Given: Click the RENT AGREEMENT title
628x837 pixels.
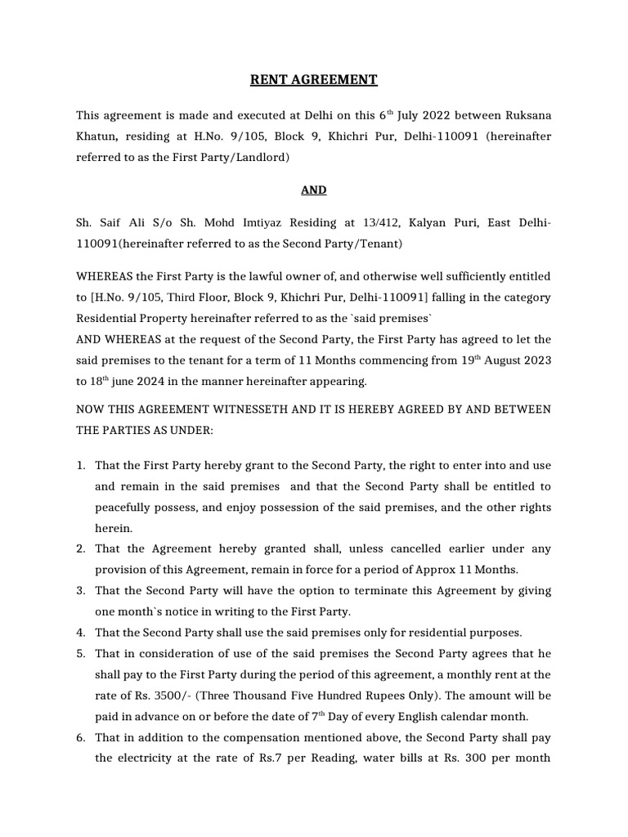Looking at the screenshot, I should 313,79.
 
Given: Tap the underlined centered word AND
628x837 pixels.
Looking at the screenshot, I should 313,190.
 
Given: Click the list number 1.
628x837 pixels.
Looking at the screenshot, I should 81,465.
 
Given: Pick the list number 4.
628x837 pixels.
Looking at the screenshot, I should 81,632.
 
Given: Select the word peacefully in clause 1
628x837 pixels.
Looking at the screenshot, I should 127,508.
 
